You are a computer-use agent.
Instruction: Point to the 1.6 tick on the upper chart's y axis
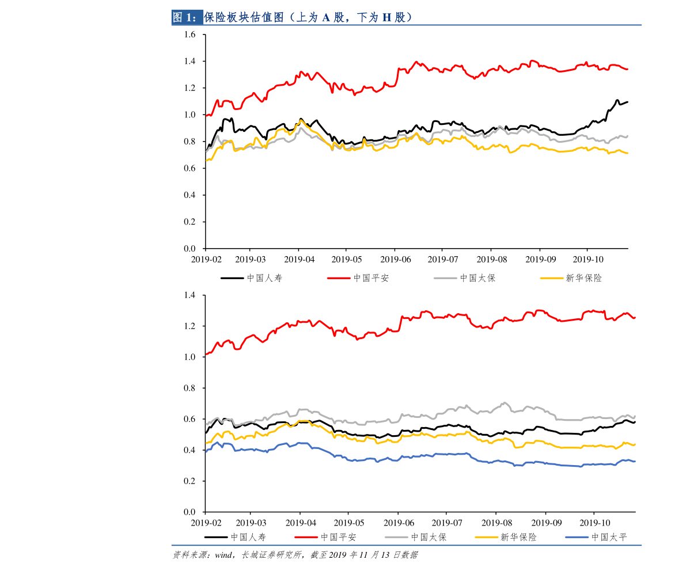click(x=190, y=35)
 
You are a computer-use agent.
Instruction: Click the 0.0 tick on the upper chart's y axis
click(x=190, y=249)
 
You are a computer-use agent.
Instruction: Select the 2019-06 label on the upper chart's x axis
click(x=395, y=260)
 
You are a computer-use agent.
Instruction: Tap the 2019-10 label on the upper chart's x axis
click(x=587, y=260)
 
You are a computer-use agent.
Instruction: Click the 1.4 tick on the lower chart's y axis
click(x=190, y=295)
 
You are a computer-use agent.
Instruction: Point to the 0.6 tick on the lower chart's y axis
click(x=190, y=419)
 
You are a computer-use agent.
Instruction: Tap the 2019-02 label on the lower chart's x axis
click(x=206, y=523)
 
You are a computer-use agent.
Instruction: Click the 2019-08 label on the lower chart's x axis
click(x=497, y=523)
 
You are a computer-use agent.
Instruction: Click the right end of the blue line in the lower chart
click(x=635, y=461)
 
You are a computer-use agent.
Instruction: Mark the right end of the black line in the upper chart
click(x=627, y=102)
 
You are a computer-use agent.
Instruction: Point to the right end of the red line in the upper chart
click(x=627, y=69)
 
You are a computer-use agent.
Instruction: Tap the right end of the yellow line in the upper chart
click(x=627, y=153)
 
